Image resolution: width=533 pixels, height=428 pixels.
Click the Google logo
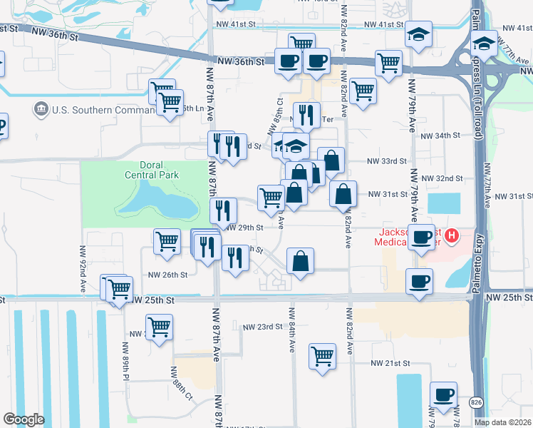[24, 419]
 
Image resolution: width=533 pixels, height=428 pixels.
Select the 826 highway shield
[476, 404]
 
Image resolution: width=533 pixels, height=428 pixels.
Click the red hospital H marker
[451, 235]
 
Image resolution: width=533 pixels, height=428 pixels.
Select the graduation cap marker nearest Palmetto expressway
[483, 45]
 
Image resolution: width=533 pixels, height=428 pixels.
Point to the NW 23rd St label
[263, 327]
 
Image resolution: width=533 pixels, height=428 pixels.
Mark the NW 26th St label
[167, 275]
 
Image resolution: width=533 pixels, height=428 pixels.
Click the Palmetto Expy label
[477, 178]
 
